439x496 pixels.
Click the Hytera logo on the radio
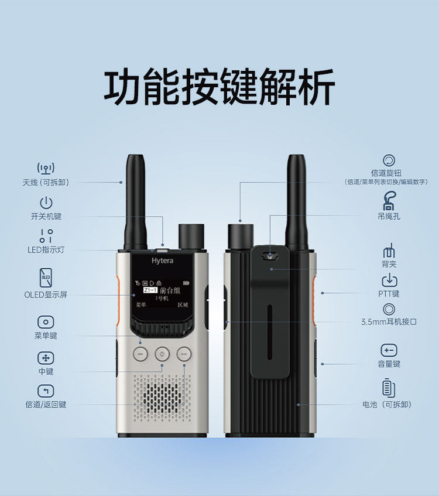point(162,261)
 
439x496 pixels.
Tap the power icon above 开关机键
point(46,203)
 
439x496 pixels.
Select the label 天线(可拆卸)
point(46,183)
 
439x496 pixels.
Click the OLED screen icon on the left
point(46,278)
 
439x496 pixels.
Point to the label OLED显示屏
point(46,295)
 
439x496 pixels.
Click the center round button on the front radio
point(162,354)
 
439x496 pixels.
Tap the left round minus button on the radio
point(140,354)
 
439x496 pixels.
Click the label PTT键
point(389,294)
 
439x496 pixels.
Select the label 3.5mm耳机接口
point(389,321)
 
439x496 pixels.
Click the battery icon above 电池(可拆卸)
point(389,388)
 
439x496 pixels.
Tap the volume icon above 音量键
point(389,350)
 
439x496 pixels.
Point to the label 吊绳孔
point(389,216)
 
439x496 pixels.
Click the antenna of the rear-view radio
point(296,203)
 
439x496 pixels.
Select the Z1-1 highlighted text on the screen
point(150,290)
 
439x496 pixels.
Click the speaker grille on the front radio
point(162,398)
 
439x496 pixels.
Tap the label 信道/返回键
point(46,405)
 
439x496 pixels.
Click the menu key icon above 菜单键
point(46,322)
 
